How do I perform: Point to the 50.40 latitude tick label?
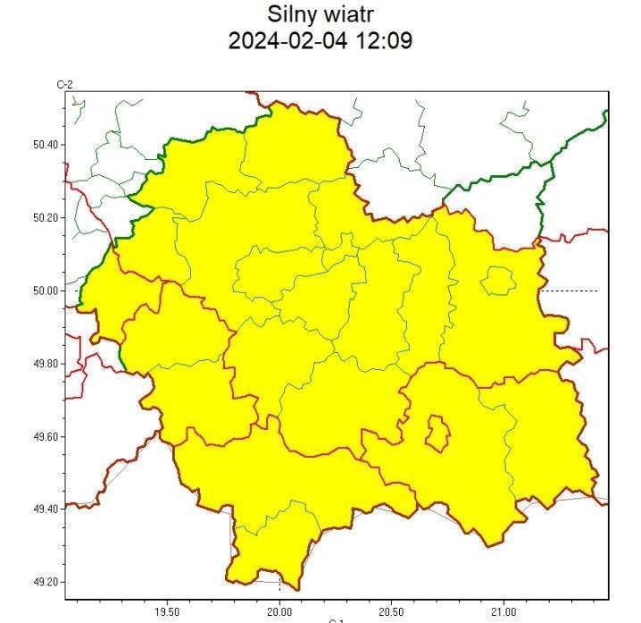46,145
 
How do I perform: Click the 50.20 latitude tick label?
46,217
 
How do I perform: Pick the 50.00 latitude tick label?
46,290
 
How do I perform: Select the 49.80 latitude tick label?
46,364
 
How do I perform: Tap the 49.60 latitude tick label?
46,436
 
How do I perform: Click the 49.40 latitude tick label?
46,509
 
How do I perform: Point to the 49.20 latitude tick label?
46,582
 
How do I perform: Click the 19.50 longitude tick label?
167,611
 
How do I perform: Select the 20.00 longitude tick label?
279,611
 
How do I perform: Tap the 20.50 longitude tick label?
391,611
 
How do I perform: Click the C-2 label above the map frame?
64,85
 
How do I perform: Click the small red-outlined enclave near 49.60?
437,434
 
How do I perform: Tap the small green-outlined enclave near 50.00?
498,282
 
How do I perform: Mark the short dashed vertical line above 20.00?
279,585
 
